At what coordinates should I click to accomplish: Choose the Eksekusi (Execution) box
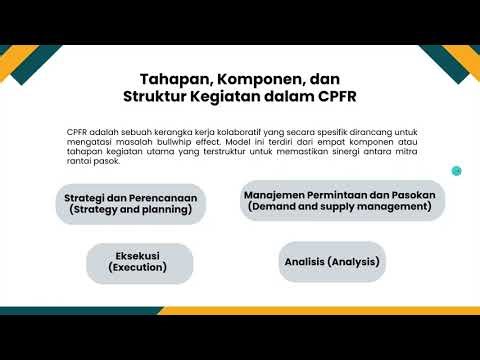(137, 262)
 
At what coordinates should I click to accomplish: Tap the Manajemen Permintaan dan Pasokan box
(340, 199)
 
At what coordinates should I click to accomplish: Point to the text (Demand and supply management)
(340, 206)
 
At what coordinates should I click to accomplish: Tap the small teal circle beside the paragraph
(456, 170)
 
